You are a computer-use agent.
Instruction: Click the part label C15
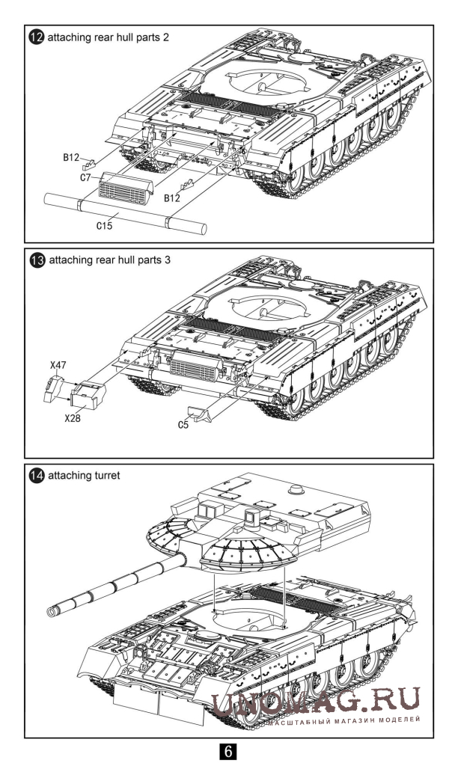pos(104,226)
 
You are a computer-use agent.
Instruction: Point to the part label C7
pos(85,177)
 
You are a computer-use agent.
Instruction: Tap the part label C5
pos(184,424)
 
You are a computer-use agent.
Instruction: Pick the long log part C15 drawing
pos(123,212)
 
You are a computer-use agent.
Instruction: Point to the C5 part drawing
pos(204,413)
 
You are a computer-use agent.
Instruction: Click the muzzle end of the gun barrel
pos(52,612)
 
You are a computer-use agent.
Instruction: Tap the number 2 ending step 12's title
pos(165,37)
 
